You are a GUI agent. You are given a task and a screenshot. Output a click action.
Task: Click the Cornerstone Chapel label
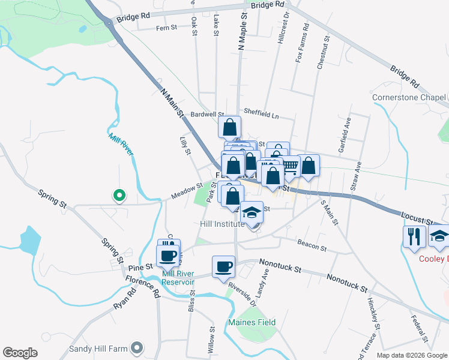click(409, 97)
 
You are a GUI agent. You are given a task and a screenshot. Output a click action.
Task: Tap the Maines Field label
click(252, 322)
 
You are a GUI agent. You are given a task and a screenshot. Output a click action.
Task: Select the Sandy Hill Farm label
click(99, 347)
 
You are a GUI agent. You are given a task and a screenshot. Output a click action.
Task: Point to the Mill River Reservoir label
click(178, 278)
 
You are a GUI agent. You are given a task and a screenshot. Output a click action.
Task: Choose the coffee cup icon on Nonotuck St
click(223, 266)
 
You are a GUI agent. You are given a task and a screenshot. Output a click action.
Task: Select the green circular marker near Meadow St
click(119, 194)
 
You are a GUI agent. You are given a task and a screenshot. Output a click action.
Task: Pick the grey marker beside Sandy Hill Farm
click(137, 347)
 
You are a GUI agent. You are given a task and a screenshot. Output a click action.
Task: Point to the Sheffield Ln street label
click(262, 112)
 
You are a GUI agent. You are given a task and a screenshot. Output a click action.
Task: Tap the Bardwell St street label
click(207, 114)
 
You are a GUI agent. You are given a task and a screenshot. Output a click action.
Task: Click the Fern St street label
click(166, 28)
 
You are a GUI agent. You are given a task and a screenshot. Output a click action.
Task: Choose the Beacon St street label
click(312, 246)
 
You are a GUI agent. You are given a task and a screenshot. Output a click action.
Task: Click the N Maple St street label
click(243, 33)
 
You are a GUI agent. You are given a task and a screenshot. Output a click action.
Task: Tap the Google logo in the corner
click(20, 353)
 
